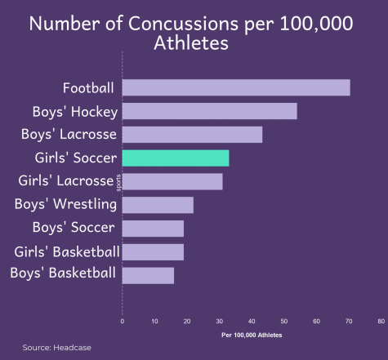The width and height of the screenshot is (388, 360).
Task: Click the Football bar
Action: (x=236, y=87)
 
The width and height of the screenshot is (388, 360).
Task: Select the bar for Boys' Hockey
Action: (x=210, y=111)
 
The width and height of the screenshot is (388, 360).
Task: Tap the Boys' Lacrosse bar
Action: (x=192, y=135)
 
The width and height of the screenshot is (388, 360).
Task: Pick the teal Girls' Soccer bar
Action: (x=176, y=158)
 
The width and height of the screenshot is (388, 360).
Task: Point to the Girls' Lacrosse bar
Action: (x=172, y=181)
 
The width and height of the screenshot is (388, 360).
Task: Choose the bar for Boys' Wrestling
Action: (x=158, y=205)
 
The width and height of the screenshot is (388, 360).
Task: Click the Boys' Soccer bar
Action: (x=153, y=229)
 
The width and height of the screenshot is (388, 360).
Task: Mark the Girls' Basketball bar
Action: (x=153, y=252)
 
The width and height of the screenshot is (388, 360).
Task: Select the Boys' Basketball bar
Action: (x=148, y=276)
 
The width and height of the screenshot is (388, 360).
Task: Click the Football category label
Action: (x=88, y=88)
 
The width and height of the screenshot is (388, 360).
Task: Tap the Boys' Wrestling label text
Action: (x=65, y=204)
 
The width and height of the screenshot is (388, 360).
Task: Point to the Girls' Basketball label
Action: (x=67, y=251)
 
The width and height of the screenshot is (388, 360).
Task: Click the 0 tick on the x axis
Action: (x=123, y=322)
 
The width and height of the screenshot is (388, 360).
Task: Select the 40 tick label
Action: (x=252, y=322)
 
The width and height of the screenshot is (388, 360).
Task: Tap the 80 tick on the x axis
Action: (x=381, y=322)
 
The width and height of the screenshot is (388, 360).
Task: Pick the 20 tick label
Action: (x=187, y=322)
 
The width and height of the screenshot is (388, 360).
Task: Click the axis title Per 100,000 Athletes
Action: (x=252, y=335)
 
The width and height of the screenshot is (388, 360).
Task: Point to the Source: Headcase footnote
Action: (x=56, y=348)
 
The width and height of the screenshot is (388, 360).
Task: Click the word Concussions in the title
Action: (x=183, y=24)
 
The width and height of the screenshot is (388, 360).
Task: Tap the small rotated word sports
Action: (x=118, y=183)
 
